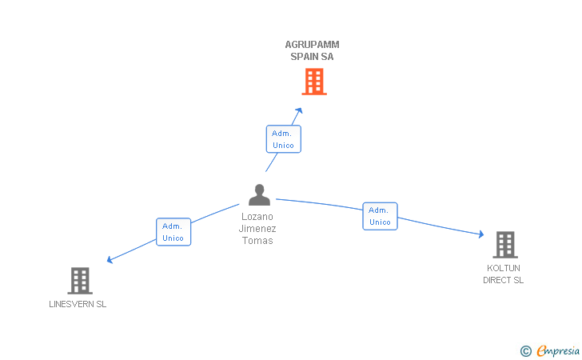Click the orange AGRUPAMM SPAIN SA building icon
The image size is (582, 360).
pyautogui.click(x=314, y=82)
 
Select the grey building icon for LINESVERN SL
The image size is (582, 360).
pyautogui.click(x=79, y=280)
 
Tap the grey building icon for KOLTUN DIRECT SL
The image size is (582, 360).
pyautogui.click(x=504, y=245)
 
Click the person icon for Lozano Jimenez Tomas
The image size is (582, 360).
pyautogui.click(x=259, y=195)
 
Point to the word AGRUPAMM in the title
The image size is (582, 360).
pyautogui.click(x=312, y=45)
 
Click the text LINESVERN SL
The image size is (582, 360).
pyautogui.click(x=78, y=304)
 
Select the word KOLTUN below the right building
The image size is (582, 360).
pyautogui.click(x=504, y=268)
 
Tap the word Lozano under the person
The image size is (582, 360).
pyautogui.click(x=257, y=216)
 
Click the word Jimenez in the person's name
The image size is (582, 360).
pyautogui.click(x=257, y=228)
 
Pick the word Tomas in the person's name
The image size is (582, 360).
pyautogui.click(x=257, y=240)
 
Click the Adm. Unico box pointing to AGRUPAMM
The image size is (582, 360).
pyautogui.click(x=283, y=139)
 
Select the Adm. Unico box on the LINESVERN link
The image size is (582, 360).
pyautogui.click(x=173, y=232)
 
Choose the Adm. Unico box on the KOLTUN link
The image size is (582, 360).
pyautogui.click(x=380, y=216)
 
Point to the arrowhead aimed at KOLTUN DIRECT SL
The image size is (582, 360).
pyautogui.click(x=480, y=234)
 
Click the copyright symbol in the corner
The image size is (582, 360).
pyautogui.click(x=525, y=350)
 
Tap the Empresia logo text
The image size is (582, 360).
pyautogui.click(x=558, y=350)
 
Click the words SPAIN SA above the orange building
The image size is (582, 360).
pyautogui.click(x=312, y=57)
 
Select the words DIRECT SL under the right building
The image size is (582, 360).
pyautogui.click(x=504, y=280)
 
